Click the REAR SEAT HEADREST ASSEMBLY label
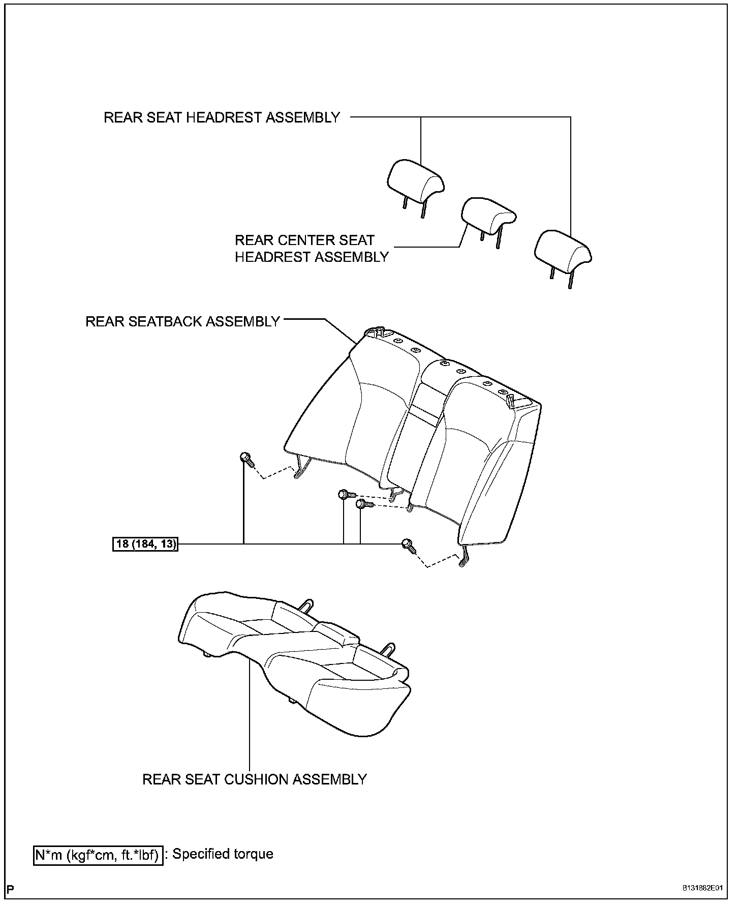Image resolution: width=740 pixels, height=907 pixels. [222, 117]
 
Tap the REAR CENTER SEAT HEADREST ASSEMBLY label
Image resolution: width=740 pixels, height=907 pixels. [311, 249]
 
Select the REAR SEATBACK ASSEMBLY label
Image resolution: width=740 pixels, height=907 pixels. [182, 321]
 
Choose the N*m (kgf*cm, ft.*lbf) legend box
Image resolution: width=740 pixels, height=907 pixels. [98, 855]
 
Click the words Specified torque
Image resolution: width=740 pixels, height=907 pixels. [223, 854]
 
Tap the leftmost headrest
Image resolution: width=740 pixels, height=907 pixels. [415, 183]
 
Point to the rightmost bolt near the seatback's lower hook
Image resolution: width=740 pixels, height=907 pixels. [409, 545]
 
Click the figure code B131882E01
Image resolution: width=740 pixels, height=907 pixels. [702, 888]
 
